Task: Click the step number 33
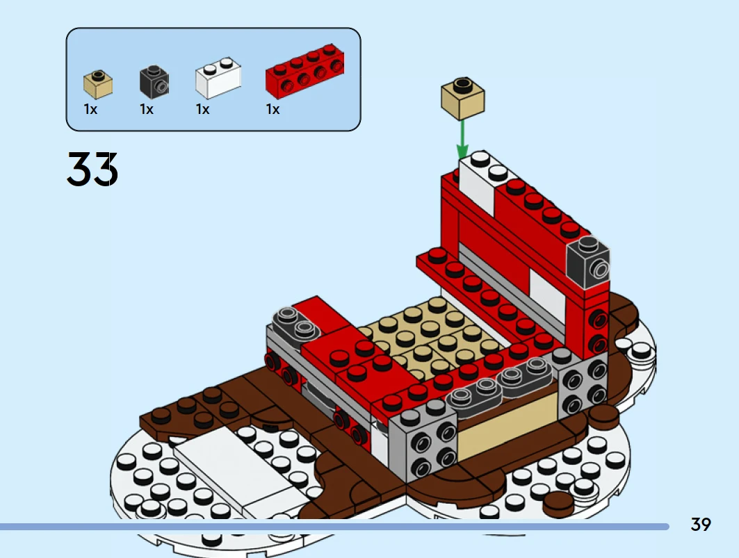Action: [x=92, y=169]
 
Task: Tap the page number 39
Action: [x=700, y=525]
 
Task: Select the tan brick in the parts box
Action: [x=98, y=84]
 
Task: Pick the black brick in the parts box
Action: [x=154, y=81]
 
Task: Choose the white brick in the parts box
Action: [x=218, y=78]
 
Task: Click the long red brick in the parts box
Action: [x=305, y=71]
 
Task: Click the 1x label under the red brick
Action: [x=273, y=109]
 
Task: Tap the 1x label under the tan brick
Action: [x=90, y=109]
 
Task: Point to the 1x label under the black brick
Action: [x=147, y=109]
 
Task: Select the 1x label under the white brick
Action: [x=203, y=109]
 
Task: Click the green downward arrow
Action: [x=462, y=139]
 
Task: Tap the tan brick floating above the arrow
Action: [x=463, y=99]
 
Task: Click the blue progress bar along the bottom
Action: [x=334, y=527]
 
